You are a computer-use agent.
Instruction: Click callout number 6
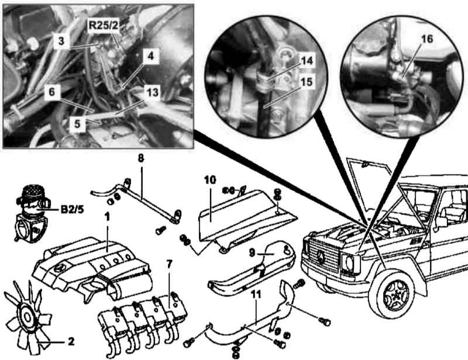tap(51, 92)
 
